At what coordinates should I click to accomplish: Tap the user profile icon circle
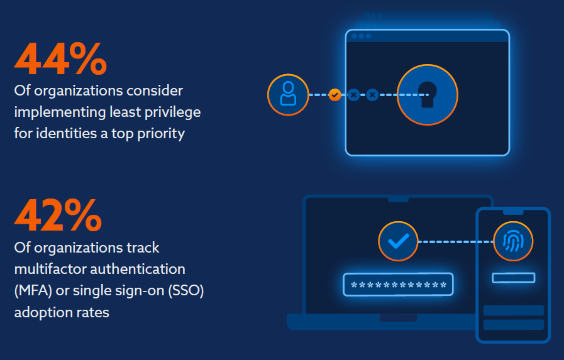pyautogui.click(x=288, y=95)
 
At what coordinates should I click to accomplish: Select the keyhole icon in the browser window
pyautogui.click(x=428, y=95)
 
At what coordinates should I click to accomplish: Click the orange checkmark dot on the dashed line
pyautogui.click(x=335, y=95)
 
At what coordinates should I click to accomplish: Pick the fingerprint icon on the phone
pyautogui.click(x=513, y=242)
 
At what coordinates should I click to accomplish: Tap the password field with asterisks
pyautogui.click(x=398, y=285)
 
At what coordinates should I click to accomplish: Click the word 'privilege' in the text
pyautogui.click(x=174, y=112)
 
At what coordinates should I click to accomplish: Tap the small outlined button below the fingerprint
pyautogui.click(x=513, y=278)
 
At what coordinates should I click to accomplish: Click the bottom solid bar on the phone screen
pyautogui.click(x=513, y=325)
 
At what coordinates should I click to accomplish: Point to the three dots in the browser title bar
pyautogui.click(x=361, y=36)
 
